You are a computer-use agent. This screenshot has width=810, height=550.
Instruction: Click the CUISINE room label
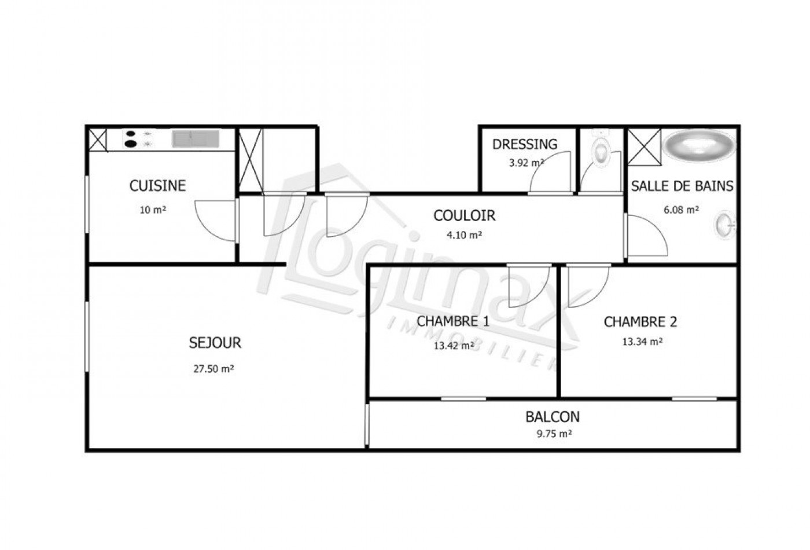coord(157,186)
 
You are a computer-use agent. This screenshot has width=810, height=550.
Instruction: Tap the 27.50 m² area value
coord(213,369)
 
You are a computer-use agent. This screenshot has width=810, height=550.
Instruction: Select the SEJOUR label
coord(215,343)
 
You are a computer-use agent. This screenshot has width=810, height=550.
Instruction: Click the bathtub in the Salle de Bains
coord(698,145)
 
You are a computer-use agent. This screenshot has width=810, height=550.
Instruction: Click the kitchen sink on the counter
coord(195,139)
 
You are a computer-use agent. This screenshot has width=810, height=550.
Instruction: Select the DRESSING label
coord(525,144)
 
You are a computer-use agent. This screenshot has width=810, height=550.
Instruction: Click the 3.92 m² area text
coord(525,163)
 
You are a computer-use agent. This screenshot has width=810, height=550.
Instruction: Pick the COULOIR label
coord(465,216)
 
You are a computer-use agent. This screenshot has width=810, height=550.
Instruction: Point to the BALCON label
coord(553,417)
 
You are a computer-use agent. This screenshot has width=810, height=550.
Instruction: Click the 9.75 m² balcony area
coord(554,434)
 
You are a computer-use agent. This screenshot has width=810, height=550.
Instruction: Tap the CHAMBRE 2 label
coord(640,322)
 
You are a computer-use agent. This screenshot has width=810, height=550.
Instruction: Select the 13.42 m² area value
coord(454,346)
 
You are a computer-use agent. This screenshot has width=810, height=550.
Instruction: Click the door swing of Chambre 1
coord(525,287)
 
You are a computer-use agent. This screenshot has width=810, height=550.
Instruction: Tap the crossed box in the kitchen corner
coord(97,140)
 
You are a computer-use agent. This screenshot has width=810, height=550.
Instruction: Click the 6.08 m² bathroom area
coord(681,210)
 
